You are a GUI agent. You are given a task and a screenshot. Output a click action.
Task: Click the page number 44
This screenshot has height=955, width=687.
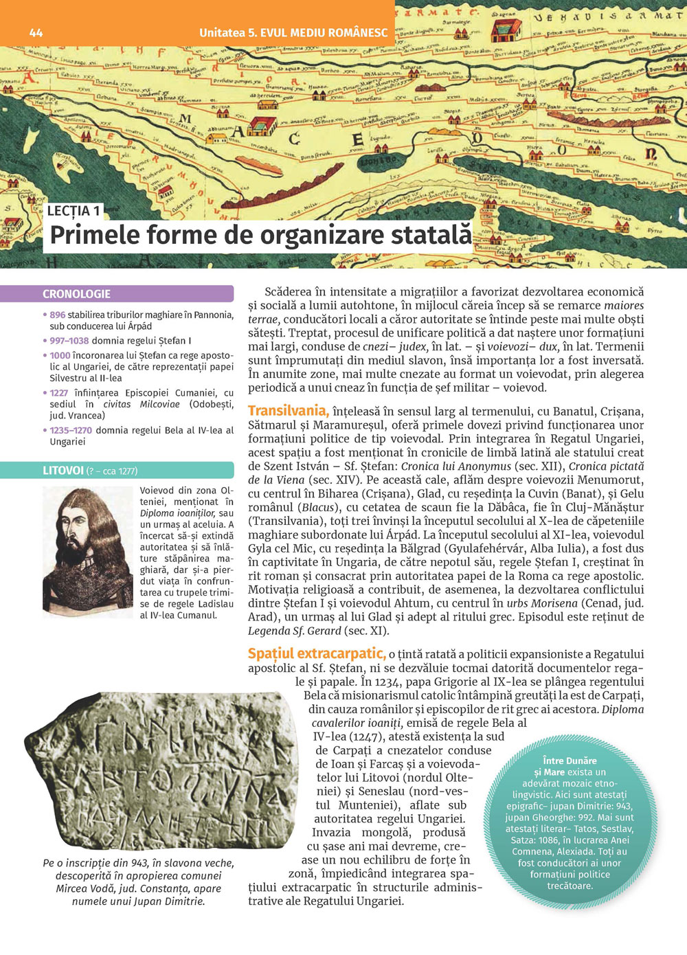(x=36, y=32)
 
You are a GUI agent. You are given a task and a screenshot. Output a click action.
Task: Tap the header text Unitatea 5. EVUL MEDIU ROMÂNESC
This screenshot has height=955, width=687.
(x=293, y=32)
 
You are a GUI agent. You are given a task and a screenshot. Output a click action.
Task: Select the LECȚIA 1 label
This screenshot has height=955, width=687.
(x=74, y=211)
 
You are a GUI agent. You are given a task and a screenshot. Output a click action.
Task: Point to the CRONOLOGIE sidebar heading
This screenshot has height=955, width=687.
(x=77, y=294)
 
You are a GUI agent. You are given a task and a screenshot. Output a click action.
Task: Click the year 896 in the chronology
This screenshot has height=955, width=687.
(x=57, y=315)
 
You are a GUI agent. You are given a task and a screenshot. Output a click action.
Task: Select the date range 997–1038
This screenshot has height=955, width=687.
(x=69, y=341)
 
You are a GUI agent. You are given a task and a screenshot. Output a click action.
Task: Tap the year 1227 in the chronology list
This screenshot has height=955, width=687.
(x=58, y=393)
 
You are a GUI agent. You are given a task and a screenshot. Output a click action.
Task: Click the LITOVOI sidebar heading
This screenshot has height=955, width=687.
(x=63, y=471)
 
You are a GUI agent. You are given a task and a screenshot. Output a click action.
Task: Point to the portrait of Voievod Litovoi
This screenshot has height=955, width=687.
(x=87, y=551)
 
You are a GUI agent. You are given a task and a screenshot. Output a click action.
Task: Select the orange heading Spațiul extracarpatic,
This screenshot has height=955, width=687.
(x=316, y=653)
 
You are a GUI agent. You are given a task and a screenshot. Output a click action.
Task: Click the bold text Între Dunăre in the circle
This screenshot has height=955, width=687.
(x=570, y=761)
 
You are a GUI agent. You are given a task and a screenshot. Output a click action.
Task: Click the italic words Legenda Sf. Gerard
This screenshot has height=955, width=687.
(x=295, y=631)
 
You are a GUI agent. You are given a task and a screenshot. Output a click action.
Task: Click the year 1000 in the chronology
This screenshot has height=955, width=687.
(x=60, y=355)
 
